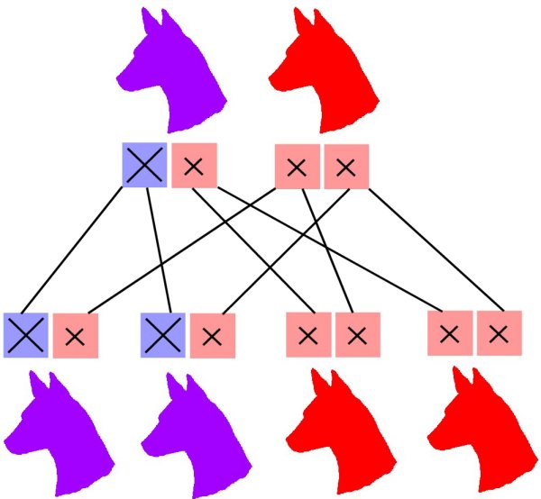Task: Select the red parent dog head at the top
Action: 325,77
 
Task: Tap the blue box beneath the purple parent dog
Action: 145,166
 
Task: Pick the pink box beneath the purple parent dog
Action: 193,166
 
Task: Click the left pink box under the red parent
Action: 297,167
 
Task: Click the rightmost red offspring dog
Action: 478,432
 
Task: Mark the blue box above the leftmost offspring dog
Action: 26,335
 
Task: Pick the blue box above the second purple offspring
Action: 163,335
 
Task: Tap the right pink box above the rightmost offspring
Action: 499,333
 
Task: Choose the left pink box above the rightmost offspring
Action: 450,333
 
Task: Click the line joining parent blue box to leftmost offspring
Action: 81,249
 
